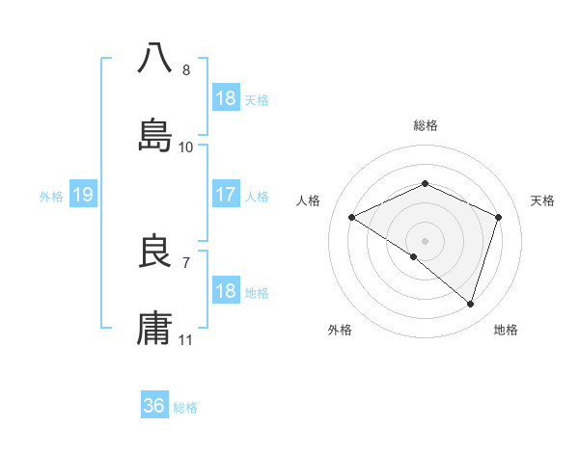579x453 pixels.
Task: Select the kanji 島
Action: pos(155,135)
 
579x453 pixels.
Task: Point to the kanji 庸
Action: pos(155,328)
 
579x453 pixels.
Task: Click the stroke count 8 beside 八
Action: pos(186,70)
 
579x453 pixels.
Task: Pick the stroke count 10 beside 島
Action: pos(186,147)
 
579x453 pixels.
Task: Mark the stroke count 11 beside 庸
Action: pos(186,340)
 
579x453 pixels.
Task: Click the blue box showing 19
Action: pos(82,196)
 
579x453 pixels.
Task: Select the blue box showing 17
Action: pos(225,196)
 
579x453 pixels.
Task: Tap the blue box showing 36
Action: pos(153,406)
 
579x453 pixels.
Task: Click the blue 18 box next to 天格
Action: pos(225,98)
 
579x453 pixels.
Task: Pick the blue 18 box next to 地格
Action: pos(225,291)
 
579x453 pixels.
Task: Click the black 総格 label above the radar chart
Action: pos(425,125)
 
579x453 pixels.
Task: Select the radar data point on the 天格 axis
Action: pos(499,217)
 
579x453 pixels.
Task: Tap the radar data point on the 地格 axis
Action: pos(471,304)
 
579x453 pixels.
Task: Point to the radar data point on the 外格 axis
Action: pos(414,256)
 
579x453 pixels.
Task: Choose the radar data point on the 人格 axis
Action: pos(352,217)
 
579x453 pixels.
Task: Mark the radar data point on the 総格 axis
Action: pos(425,183)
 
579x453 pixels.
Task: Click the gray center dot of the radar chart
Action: pos(425,240)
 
